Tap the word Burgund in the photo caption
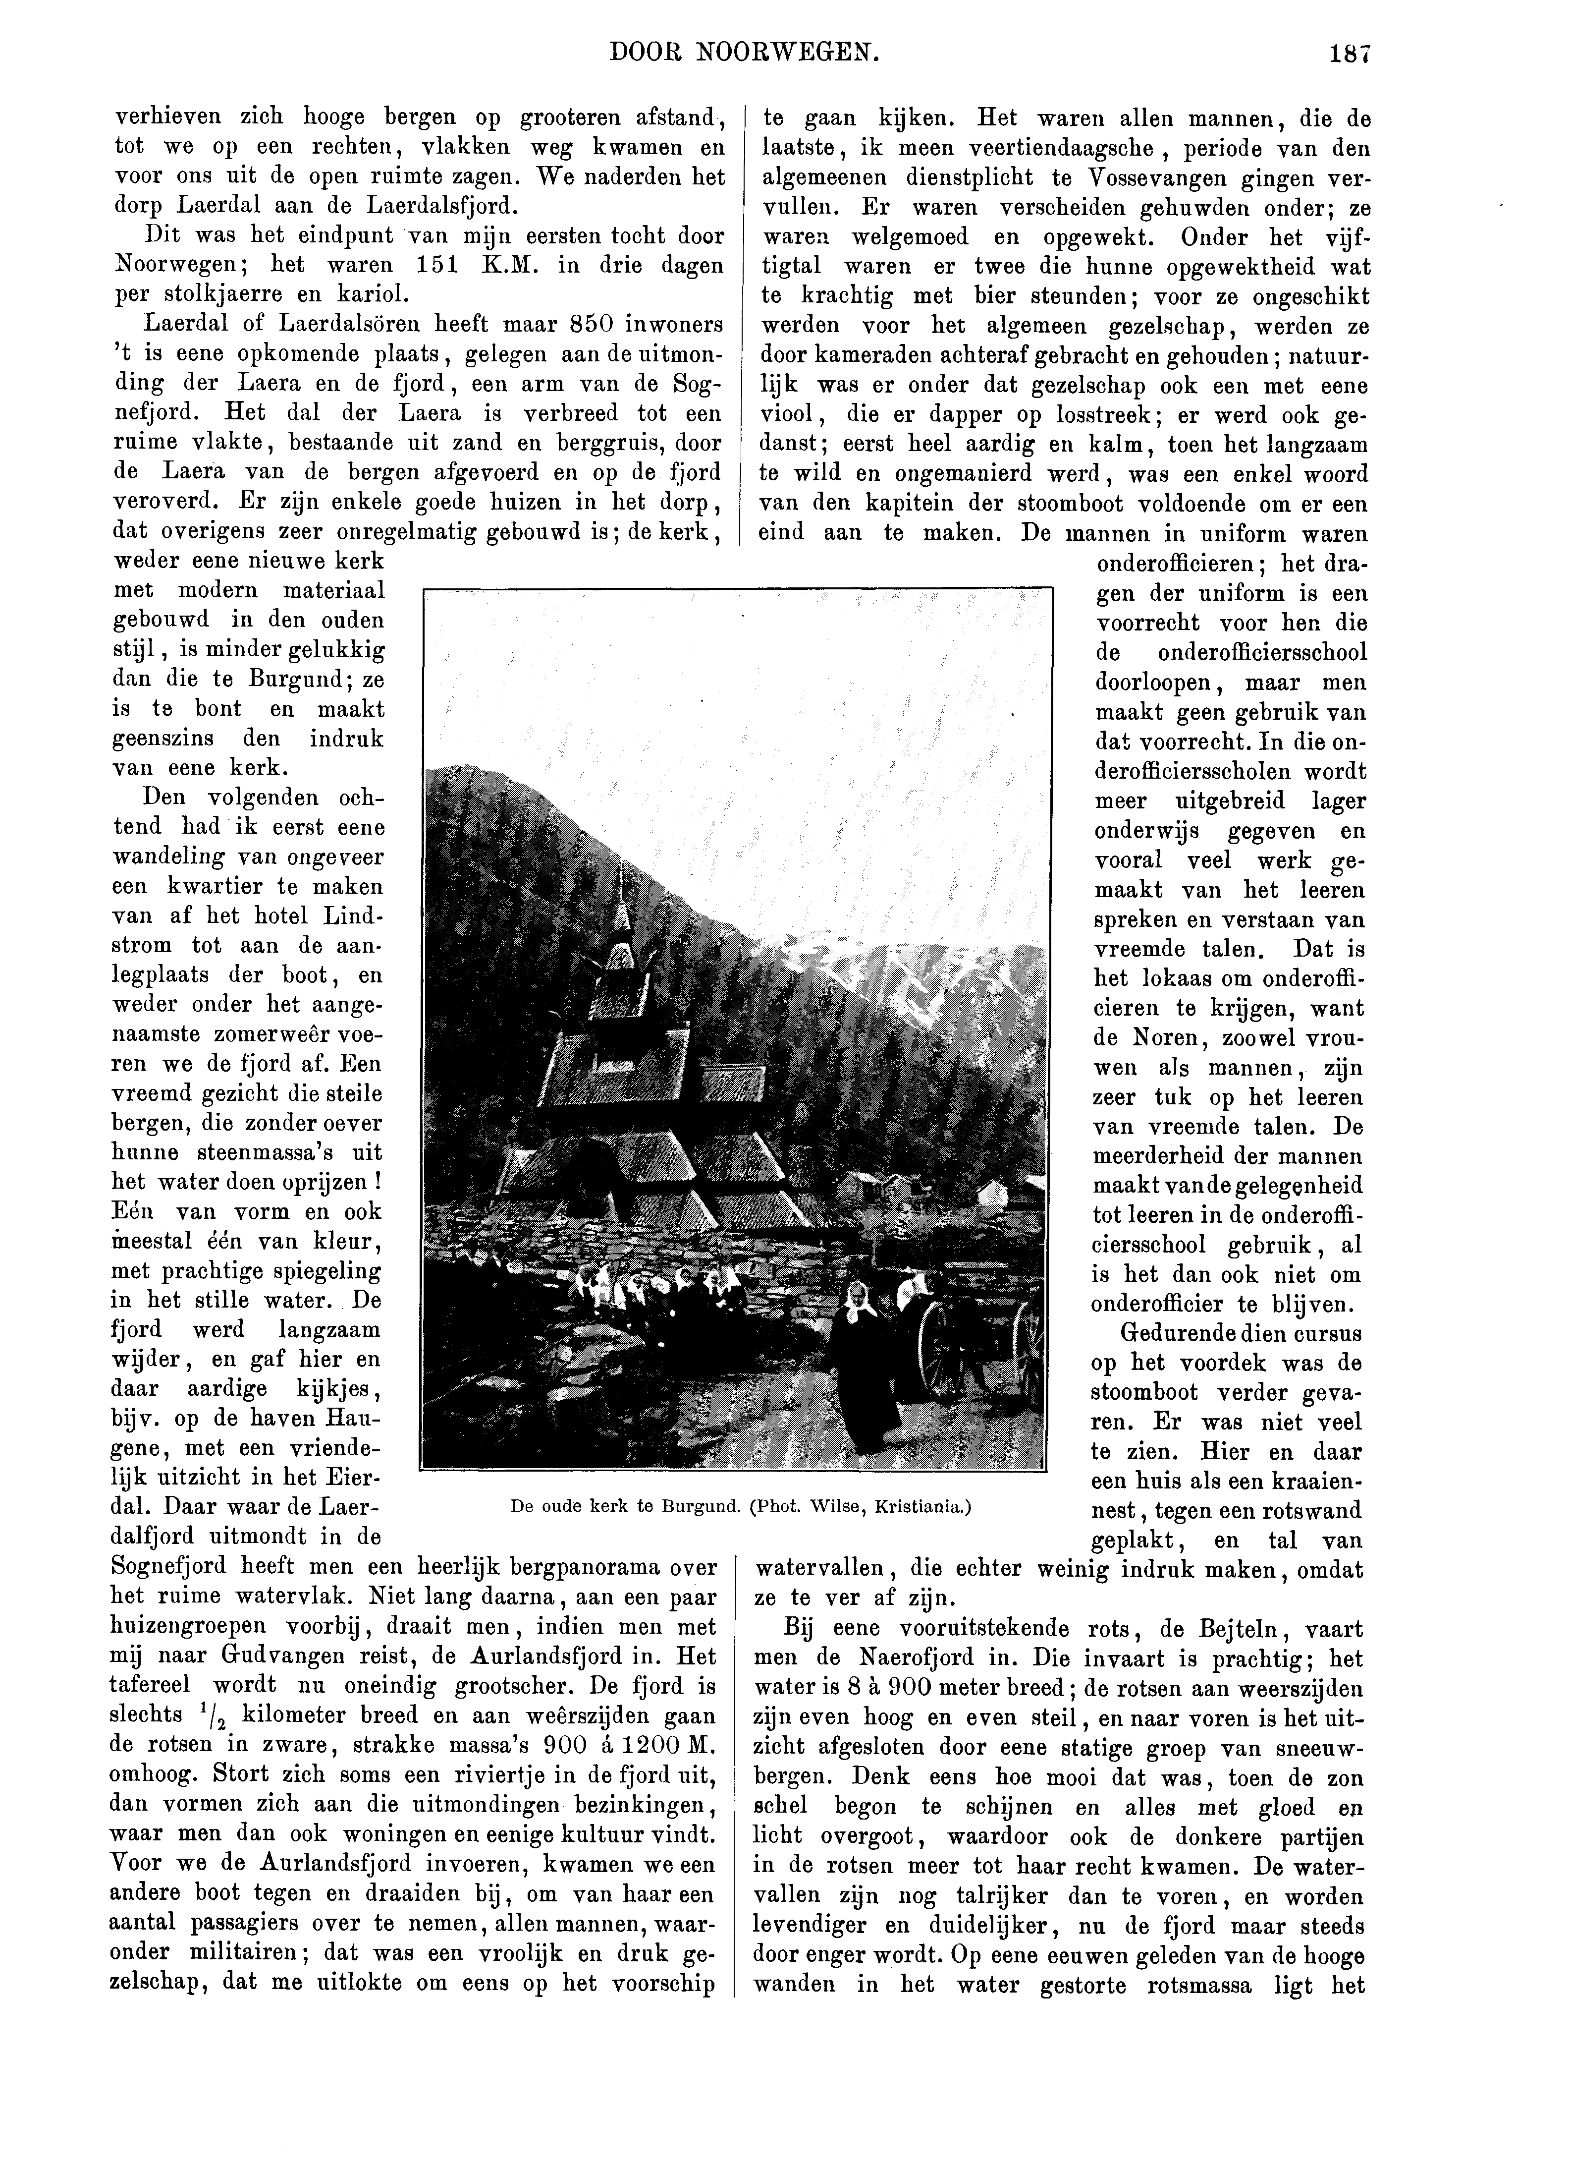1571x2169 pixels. pyautogui.click(x=703, y=1506)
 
